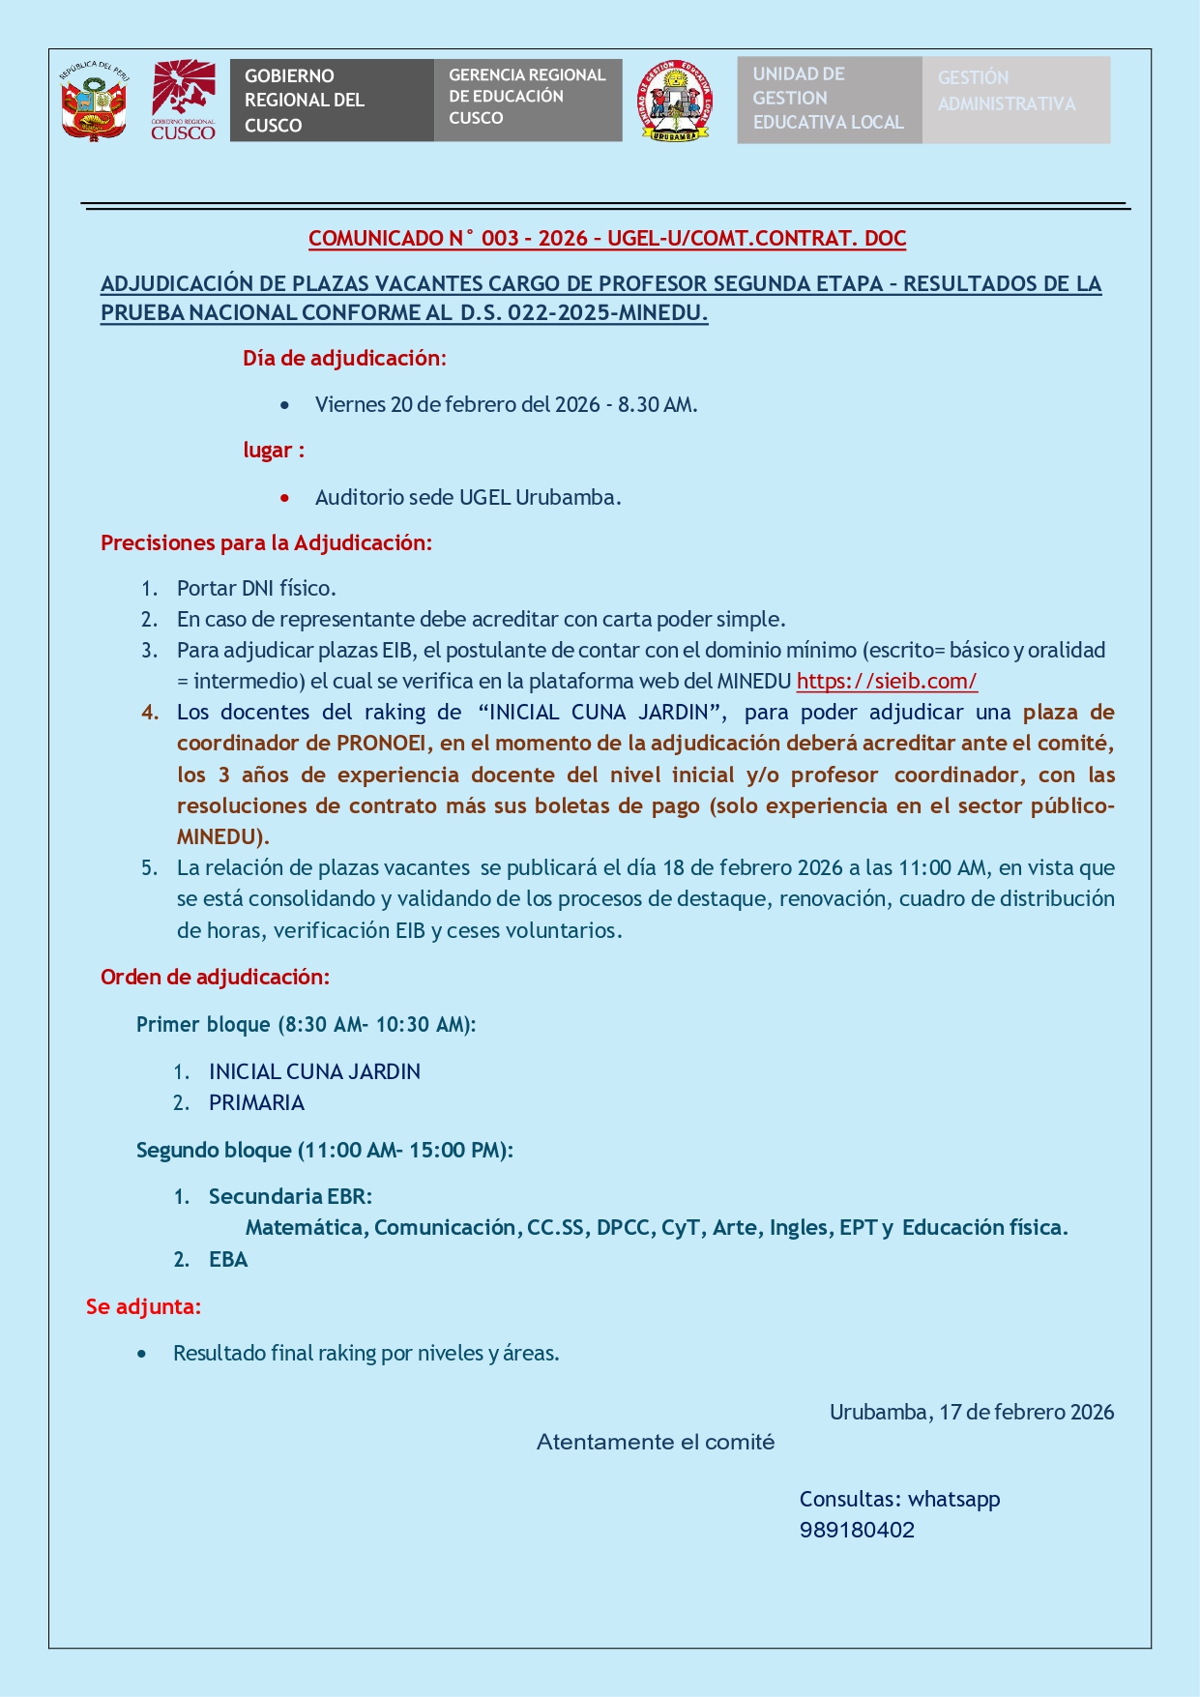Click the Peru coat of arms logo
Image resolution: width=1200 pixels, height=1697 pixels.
tap(94, 102)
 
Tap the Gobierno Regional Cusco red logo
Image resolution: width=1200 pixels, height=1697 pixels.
tap(184, 101)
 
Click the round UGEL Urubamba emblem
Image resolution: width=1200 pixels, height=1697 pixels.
tap(675, 101)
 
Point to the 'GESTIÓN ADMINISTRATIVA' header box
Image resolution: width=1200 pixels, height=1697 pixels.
tap(1015, 100)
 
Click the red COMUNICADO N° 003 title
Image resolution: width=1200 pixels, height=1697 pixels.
tap(607, 238)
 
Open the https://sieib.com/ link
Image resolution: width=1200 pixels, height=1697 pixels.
tap(887, 681)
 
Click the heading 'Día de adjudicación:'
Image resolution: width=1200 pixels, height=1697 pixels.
tap(344, 358)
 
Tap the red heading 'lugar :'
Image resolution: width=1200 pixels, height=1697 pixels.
tap(274, 450)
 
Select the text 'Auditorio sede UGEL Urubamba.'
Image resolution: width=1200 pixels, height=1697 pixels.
tap(468, 497)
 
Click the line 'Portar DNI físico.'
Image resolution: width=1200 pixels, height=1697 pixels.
tap(256, 588)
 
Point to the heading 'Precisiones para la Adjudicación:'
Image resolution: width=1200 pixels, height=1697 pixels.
tap(266, 542)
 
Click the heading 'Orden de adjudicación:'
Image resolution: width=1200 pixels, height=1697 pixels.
tap(215, 977)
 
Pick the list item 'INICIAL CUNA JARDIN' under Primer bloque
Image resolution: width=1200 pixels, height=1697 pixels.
tap(314, 1071)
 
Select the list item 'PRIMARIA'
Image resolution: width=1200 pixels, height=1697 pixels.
tap(256, 1102)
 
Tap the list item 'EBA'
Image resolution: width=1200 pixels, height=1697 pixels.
tap(228, 1259)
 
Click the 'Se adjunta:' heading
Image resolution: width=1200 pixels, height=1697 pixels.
tap(144, 1306)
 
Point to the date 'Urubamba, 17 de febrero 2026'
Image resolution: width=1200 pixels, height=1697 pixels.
tap(971, 1412)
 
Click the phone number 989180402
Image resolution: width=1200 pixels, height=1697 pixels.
tap(857, 1530)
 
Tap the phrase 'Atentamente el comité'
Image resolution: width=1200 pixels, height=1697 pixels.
tap(656, 1442)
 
